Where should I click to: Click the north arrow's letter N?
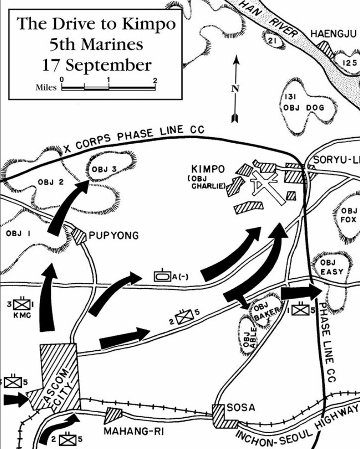[x=235, y=89]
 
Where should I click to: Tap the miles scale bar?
[x=109, y=88]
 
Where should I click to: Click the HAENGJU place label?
[x=334, y=34]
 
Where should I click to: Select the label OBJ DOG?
[x=304, y=108]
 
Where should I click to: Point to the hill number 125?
[x=350, y=63]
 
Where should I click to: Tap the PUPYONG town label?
[x=114, y=235]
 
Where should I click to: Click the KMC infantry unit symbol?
[x=22, y=304]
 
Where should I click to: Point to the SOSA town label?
[x=241, y=407]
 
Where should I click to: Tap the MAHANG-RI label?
[x=134, y=431]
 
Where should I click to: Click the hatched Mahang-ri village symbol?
[x=113, y=415]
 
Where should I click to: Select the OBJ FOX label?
[x=349, y=215]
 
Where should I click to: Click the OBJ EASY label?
[x=331, y=267]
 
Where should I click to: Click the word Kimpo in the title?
[x=149, y=24]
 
